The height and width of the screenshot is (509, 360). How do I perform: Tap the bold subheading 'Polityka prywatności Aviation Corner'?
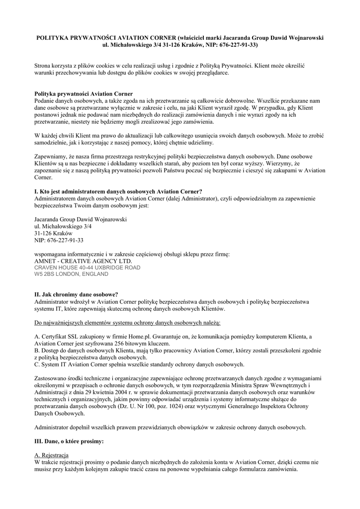pos(84,93)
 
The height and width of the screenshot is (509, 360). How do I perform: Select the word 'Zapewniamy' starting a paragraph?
pos(50,155)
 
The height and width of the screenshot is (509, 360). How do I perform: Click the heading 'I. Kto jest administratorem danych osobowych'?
pos(118,191)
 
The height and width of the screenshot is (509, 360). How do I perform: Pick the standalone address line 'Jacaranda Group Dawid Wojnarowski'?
pos(81,219)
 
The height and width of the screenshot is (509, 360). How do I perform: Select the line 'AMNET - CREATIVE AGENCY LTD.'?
pos(84,260)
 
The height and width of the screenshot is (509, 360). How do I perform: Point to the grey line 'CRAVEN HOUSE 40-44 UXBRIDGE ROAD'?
pos(88,267)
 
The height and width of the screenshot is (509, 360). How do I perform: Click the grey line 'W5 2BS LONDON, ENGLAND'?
pos(71,274)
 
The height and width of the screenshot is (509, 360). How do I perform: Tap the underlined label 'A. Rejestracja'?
pos(52,455)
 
